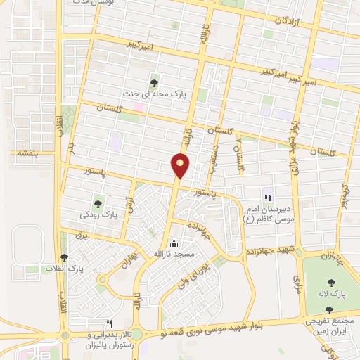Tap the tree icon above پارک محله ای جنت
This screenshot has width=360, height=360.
click(154, 83)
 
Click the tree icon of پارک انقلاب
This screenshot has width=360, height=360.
click(65, 258)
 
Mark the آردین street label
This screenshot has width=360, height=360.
click(129, 205)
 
